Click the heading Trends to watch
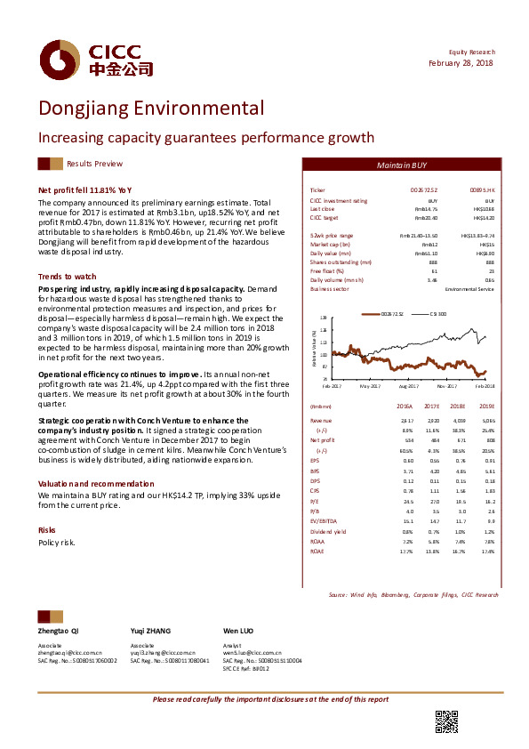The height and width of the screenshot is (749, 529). point(68,277)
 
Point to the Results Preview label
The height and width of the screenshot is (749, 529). point(95,164)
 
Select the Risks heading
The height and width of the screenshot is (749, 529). point(47,529)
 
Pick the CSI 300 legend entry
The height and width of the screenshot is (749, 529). point(438,314)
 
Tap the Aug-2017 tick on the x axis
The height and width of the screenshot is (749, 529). point(409,386)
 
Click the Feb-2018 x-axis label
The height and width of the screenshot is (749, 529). point(484,386)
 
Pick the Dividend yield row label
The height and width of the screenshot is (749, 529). point(326,532)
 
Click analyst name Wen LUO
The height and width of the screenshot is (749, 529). point(237,630)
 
